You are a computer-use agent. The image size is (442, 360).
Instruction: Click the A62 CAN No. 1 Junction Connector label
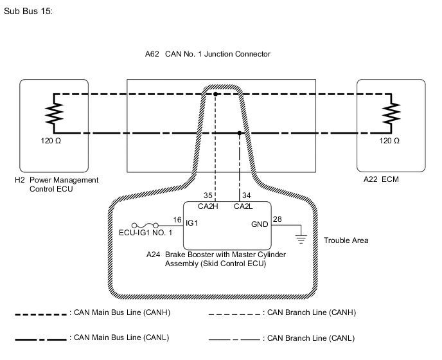(208, 55)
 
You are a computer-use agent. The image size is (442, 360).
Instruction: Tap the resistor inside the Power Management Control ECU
(54, 114)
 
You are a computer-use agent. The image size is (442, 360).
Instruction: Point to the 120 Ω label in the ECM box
(389, 140)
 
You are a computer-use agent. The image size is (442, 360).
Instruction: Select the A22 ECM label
(381, 180)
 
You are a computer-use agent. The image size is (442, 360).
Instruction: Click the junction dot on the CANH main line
(215, 94)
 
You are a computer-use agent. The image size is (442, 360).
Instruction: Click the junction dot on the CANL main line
(240, 134)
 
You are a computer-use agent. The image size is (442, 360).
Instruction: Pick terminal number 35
(208, 195)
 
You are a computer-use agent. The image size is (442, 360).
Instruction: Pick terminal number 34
(247, 195)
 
